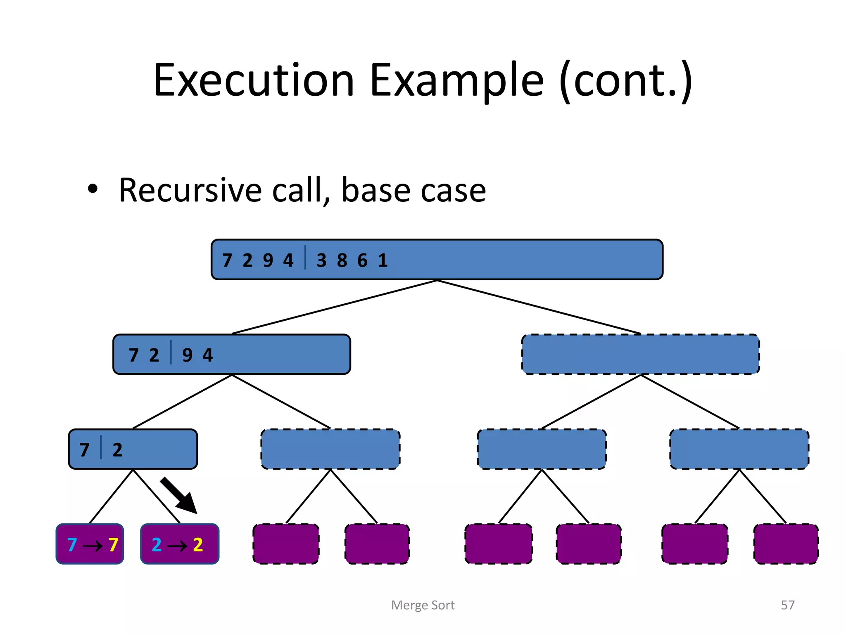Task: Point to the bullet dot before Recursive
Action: pos(93,189)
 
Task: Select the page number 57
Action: pos(787,605)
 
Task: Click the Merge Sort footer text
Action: pos(423,605)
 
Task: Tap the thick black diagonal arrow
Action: pos(178,495)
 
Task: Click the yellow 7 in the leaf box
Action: pos(114,545)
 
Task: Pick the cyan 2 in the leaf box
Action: pos(157,545)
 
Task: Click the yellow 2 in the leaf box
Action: pos(198,545)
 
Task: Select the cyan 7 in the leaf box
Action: pos(72,545)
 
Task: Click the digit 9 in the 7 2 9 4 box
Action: pos(187,355)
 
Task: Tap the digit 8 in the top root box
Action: pos(342,260)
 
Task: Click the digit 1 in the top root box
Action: pos(383,260)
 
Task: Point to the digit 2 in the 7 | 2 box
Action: pos(117,449)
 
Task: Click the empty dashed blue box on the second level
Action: pos(640,354)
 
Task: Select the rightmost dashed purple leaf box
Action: pos(786,544)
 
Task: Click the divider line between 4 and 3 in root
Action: pos(305,257)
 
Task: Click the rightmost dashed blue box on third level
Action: pos(739,449)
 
